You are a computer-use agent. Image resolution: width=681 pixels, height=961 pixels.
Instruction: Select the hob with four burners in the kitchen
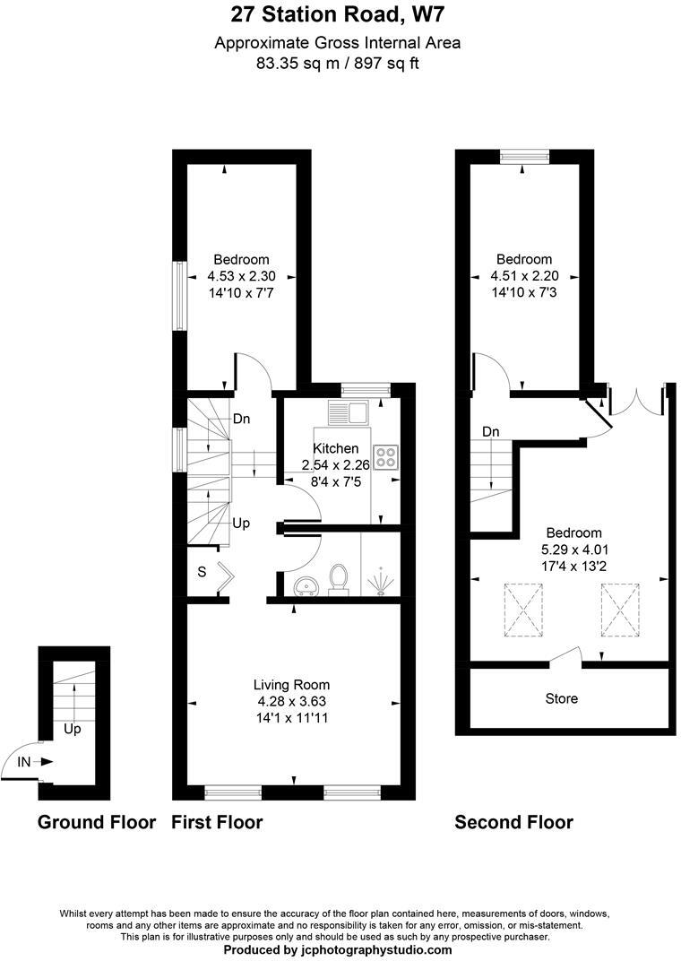387,457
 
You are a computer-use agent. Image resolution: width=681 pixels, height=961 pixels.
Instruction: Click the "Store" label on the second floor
561,697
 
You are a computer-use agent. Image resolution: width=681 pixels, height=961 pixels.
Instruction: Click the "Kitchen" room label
335,448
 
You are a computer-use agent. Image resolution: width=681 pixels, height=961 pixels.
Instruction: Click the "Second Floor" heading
513,822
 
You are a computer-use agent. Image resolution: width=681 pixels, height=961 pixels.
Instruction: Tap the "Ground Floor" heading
96,822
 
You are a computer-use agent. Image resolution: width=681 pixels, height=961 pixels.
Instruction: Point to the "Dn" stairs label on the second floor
490,432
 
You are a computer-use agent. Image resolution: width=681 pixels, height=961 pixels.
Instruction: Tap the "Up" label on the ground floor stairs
73,729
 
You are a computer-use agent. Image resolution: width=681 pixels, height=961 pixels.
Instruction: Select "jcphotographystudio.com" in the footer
375,949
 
